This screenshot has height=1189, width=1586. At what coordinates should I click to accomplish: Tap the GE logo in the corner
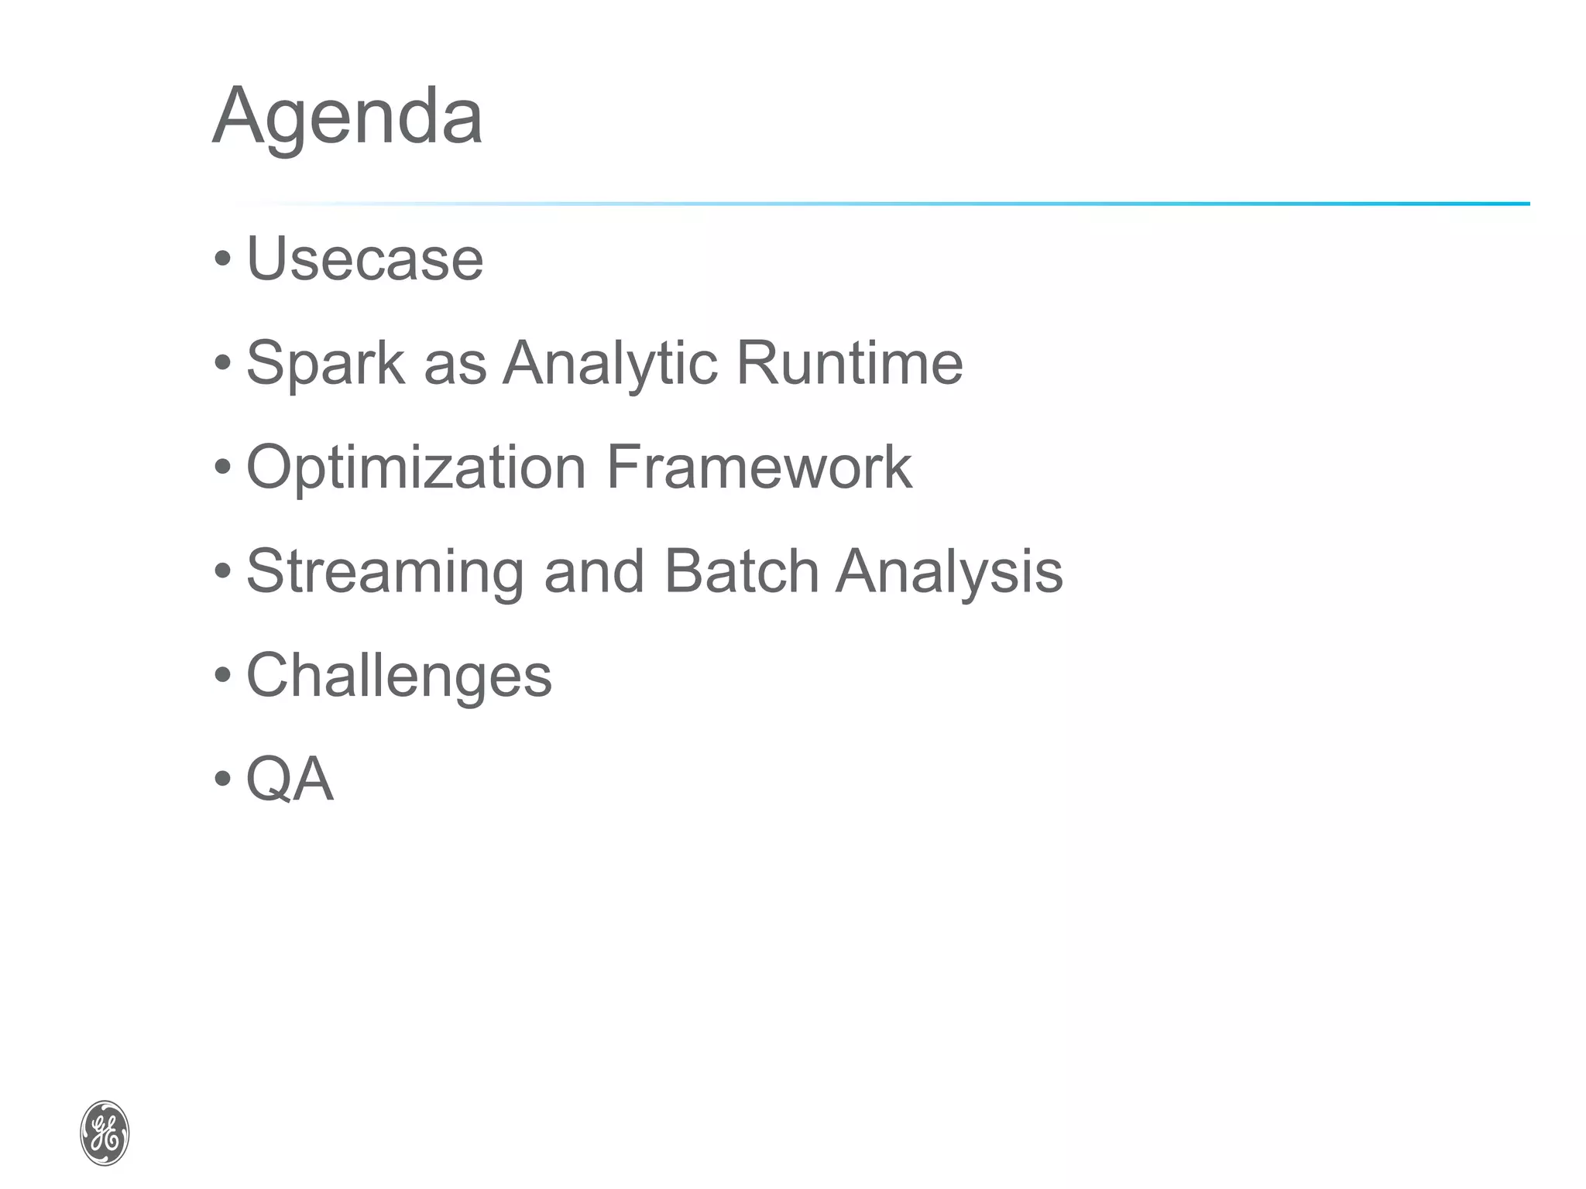pyautogui.click(x=105, y=1132)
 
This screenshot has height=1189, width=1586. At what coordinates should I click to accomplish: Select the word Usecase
pyautogui.click(x=365, y=259)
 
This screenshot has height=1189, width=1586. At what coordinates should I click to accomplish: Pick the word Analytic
pyautogui.click(x=610, y=364)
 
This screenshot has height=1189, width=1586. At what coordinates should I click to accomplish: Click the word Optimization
pyautogui.click(x=416, y=469)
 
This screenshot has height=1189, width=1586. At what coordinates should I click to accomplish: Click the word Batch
pyautogui.click(x=741, y=571)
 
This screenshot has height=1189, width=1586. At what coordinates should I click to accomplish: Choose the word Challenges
pyautogui.click(x=399, y=676)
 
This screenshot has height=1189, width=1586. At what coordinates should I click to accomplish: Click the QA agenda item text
pyautogui.click(x=290, y=779)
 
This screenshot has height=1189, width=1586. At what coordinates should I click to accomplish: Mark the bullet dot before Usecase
pyautogui.click(x=223, y=259)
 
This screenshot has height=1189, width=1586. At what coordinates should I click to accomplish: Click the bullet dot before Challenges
pyautogui.click(x=223, y=675)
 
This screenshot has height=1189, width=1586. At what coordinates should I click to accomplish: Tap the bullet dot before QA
pyautogui.click(x=223, y=779)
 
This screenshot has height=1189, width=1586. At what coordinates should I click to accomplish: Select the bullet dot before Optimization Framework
pyautogui.click(x=223, y=468)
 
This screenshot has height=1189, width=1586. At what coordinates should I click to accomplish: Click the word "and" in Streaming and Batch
pyautogui.click(x=594, y=571)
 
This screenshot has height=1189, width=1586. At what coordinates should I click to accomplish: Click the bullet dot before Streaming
pyautogui.click(x=223, y=571)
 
